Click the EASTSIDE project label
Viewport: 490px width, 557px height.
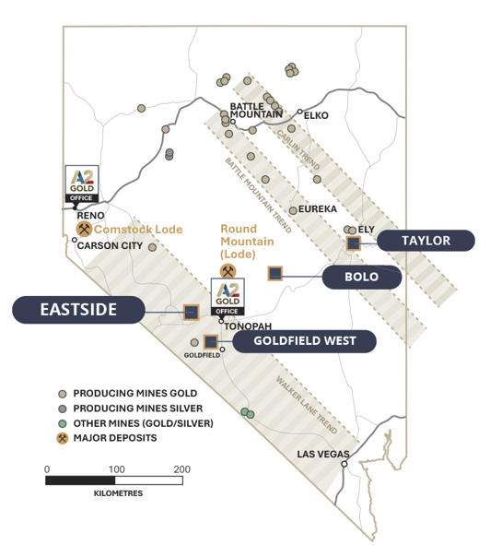pyautogui.click(x=78, y=310)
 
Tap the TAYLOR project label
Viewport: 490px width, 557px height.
pyautogui.click(x=426, y=241)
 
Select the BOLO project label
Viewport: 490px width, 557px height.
pyautogui.click(x=362, y=277)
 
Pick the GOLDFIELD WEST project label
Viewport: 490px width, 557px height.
pyautogui.click(x=305, y=341)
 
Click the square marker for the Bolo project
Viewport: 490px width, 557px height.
pyautogui.click(x=275, y=273)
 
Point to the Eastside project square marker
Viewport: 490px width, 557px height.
pyautogui.click(x=191, y=313)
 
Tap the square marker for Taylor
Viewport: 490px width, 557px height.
pyautogui.click(x=354, y=243)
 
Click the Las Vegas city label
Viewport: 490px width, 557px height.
pyautogui.click(x=323, y=454)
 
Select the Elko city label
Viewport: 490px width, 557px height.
pyautogui.click(x=316, y=115)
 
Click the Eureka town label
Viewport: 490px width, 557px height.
pyautogui.click(x=318, y=208)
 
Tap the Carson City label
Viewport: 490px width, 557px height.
pyautogui.click(x=110, y=245)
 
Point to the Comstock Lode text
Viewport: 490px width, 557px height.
pyautogui.click(x=138, y=230)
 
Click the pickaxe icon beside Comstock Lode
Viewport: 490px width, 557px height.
pyautogui.click(x=84, y=229)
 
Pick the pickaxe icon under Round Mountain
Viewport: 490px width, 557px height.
pyautogui.click(x=227, y=272)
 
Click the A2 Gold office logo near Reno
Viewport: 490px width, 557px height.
pyautogui.click(x=82, y=184)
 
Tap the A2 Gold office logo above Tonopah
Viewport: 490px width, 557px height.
pyautogui.click(x=227, y=297)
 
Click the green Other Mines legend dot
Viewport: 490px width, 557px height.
pyautogui.click(x=63, y=423)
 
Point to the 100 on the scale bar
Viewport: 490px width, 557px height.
pyautogui.click(x=116, y=469)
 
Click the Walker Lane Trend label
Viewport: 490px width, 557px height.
pyautogui.click(x=307, y=406)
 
